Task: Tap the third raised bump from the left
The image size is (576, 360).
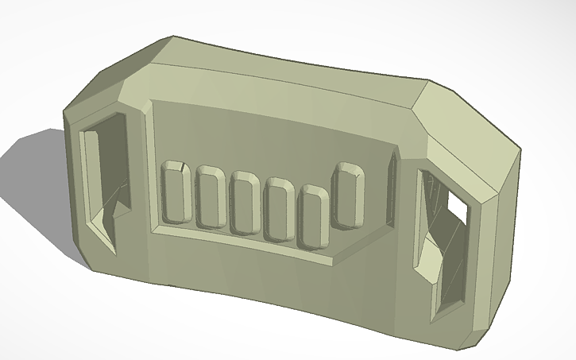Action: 245,204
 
